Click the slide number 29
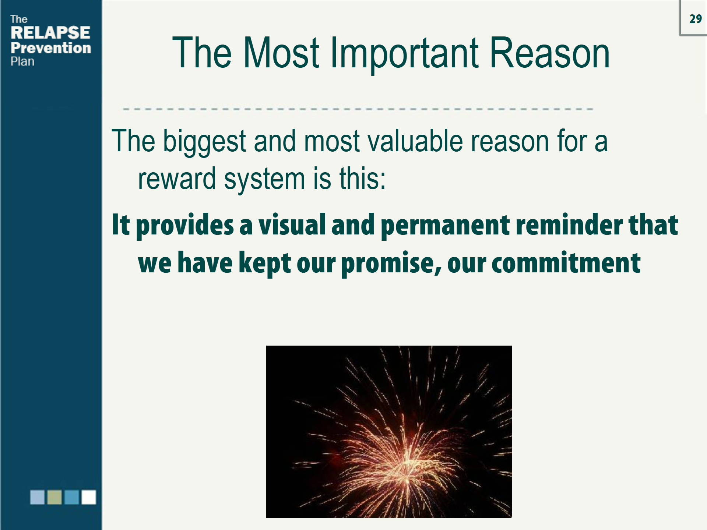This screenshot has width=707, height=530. pos(695,19)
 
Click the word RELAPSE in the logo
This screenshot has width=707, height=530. pos(50,33)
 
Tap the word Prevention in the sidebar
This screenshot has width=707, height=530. pos(51,48)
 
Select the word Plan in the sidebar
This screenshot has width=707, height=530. pos(22,61)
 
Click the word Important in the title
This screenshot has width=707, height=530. pos(404,53)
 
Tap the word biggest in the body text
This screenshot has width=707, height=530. pos(204,142)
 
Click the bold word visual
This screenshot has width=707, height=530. pos(292,225)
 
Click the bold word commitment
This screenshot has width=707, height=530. pos(566,263)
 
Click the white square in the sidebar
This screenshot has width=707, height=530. pos(89,497)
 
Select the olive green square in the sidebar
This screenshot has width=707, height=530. pos(54,497)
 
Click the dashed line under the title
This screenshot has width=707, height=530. pos(357,109)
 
